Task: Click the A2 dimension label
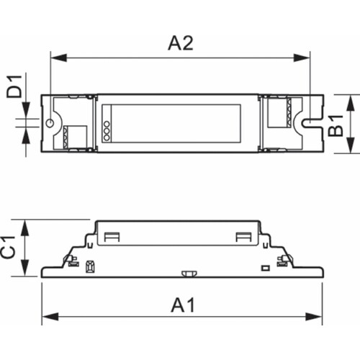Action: (180, 42)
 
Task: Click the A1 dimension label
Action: (182, 305)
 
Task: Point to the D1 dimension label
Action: (13, 91)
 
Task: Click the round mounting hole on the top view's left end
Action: (50, 123)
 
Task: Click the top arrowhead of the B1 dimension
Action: (351, 99)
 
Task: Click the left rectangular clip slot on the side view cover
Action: (112, 237)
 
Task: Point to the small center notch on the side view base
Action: (191, 273)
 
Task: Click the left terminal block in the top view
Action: (72, 135)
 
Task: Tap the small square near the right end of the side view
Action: (266, 267)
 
